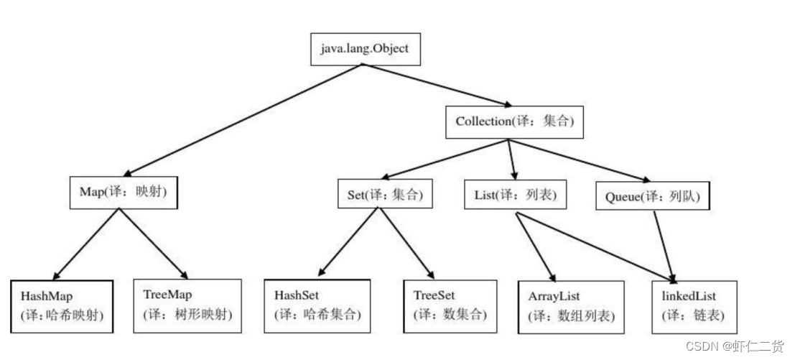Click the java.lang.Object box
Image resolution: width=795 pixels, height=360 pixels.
[363, 50]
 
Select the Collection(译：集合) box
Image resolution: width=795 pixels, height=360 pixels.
[514, 121]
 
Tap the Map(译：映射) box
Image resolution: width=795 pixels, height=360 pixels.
[124, 193]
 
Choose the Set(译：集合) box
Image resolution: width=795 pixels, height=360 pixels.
[385, 193]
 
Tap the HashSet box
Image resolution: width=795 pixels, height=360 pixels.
[317, 305]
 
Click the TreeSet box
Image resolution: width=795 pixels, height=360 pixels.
[450, 305]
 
